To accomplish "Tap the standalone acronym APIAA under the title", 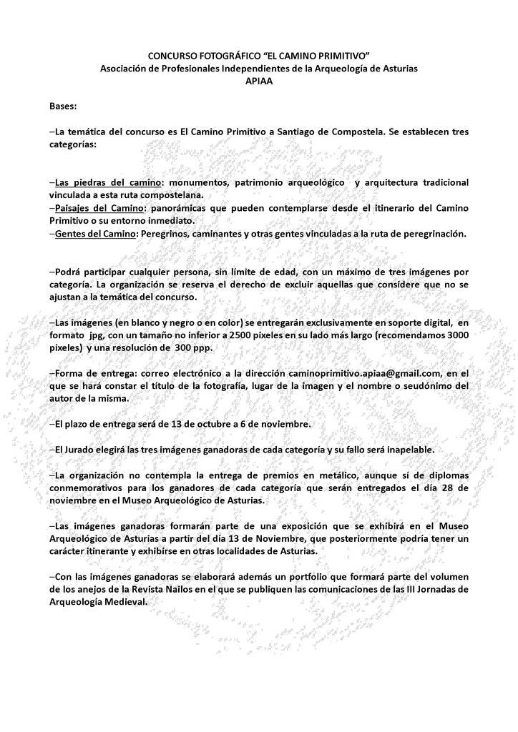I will click(x=259, y=80).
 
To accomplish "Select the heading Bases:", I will click(x=64, y=106).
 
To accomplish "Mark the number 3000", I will click(x=456, y=335).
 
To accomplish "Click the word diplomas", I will click(x=445, y=475).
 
